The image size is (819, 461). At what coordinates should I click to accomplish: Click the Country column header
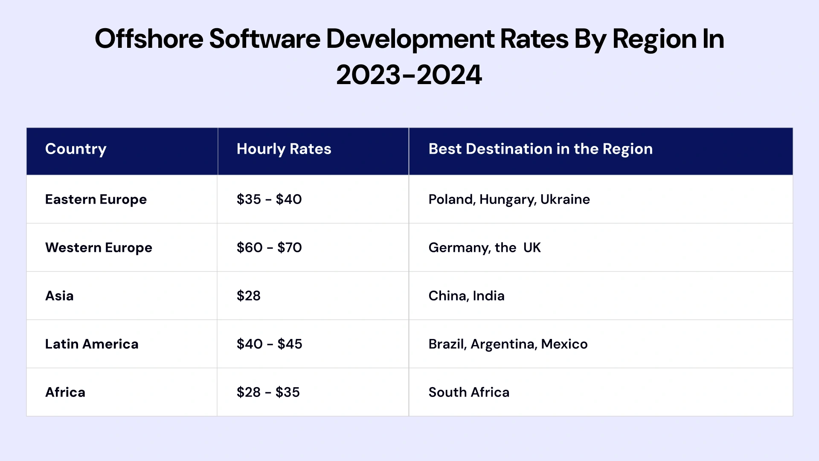tap(76, 149)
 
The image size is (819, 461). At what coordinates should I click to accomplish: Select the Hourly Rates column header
tap(284, 149)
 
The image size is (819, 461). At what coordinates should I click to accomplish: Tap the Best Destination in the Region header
tap(540, 149)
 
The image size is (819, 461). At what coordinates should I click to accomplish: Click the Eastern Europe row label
tap(96, 199)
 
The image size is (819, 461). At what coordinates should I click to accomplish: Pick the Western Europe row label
tap(99, 248)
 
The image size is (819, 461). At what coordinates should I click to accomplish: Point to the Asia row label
tap(59, 296)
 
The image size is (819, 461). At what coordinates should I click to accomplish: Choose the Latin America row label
tap(92, 344)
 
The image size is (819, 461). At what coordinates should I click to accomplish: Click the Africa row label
tap(65, 392)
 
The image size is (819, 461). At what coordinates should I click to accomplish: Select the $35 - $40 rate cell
tap(269, 199)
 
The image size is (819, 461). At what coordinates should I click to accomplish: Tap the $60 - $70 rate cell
tap(269, 248)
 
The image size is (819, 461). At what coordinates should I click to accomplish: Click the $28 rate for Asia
tap(249, 296)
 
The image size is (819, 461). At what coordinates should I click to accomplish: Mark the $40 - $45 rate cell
tap(269, 344)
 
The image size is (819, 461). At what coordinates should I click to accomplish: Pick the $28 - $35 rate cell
tap(268, 392)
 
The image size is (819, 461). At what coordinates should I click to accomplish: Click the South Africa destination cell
tap(469, 392)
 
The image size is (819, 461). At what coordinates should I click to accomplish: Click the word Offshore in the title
tap(149, 39)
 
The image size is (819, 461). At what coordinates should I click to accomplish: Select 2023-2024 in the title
tap(409, 75)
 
